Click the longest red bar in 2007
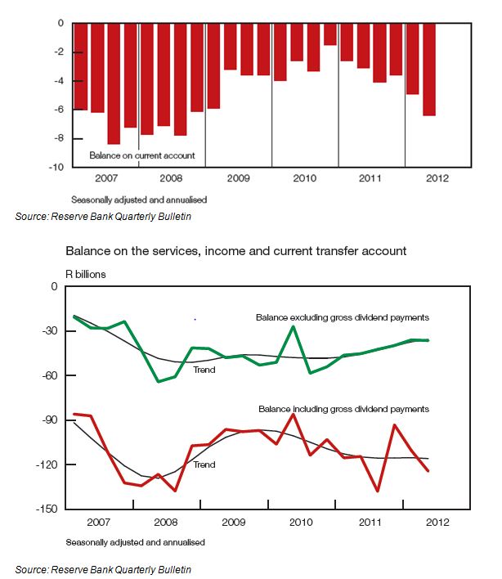(114, 83)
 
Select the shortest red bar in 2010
(330, 34)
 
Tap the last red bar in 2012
(429, 70)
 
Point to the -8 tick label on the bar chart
(59, 138)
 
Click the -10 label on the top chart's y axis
(56, 167)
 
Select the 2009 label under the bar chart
(238, 178)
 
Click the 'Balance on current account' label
(142, 155)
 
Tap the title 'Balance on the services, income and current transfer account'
(235, 251)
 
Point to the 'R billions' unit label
(86, 274)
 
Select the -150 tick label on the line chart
(47, 509)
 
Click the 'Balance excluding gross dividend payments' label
(343, 317)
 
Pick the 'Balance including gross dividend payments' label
(343, 409)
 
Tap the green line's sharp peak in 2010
(294, 326)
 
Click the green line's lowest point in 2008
(159, 381)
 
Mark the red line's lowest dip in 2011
(377, 491)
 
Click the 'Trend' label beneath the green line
(204, 370)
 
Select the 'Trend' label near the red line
(204, 465)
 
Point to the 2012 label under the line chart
(437, 523)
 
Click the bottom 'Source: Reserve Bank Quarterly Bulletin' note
(103, 570)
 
